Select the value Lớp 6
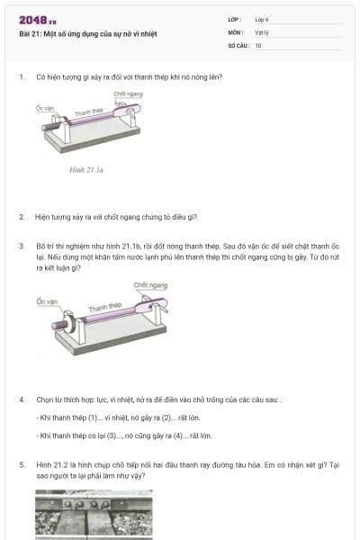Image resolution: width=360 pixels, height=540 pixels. click(263, 19)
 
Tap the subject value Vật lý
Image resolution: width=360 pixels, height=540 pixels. click(262, 31)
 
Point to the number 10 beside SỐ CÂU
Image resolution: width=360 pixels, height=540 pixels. click(258, 44)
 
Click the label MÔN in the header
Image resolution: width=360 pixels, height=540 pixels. click(236, 31)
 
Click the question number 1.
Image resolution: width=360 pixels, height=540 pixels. click(21, 77)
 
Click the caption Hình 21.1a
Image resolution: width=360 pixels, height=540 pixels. click(87, 168)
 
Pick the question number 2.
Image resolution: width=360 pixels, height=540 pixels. click(21, 217)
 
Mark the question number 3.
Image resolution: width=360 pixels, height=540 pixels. click(21, 245)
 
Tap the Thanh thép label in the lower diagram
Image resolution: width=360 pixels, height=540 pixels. click(104, 308)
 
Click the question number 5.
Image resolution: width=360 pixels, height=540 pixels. click(21, 465)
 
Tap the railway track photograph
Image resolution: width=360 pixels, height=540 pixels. click(94, 515)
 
